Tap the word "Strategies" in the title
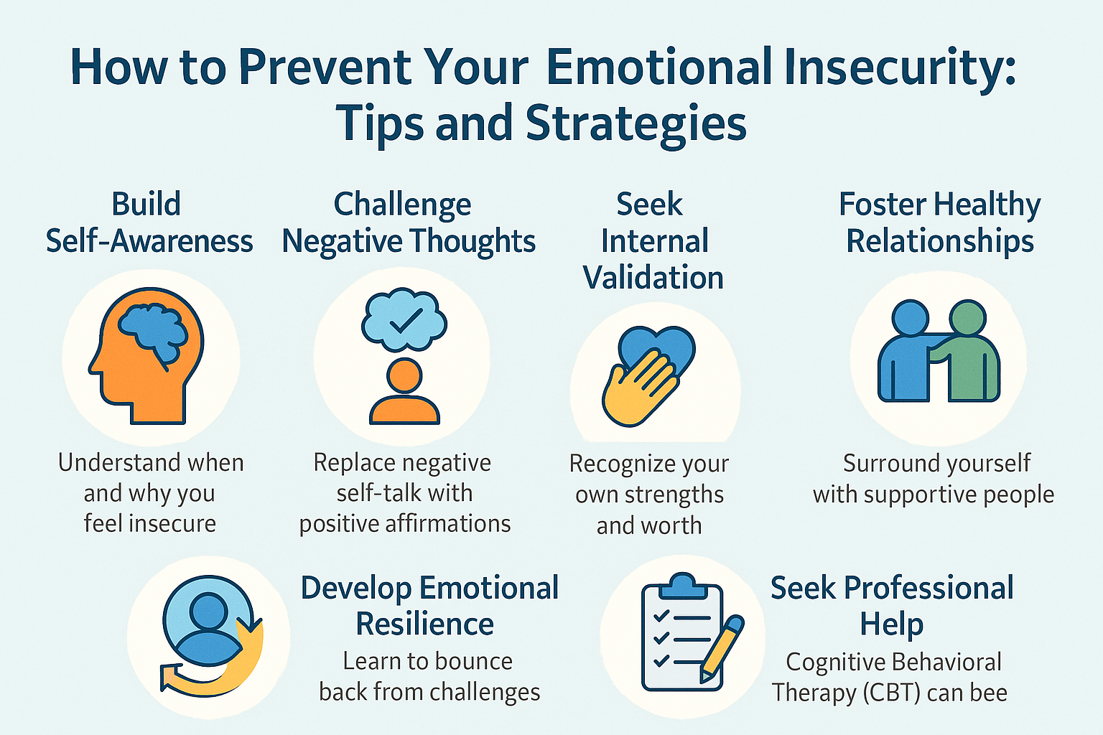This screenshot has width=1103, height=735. pyautogui.click(x=636, y=123)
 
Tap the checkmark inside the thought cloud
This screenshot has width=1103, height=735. pyautogui.click(x=406, y=320)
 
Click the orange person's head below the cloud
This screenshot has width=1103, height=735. pyautogui.click(x=404, y=376)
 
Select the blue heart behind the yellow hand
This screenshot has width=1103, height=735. pyautogui.click(x=657, y=347)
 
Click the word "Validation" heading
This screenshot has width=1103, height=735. pyautogui.click(x=653, y=278)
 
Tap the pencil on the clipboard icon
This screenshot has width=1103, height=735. pyautogui.click(x=722, y=648)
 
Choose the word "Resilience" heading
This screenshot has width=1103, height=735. pyautogui.click(x=425, y=624)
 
